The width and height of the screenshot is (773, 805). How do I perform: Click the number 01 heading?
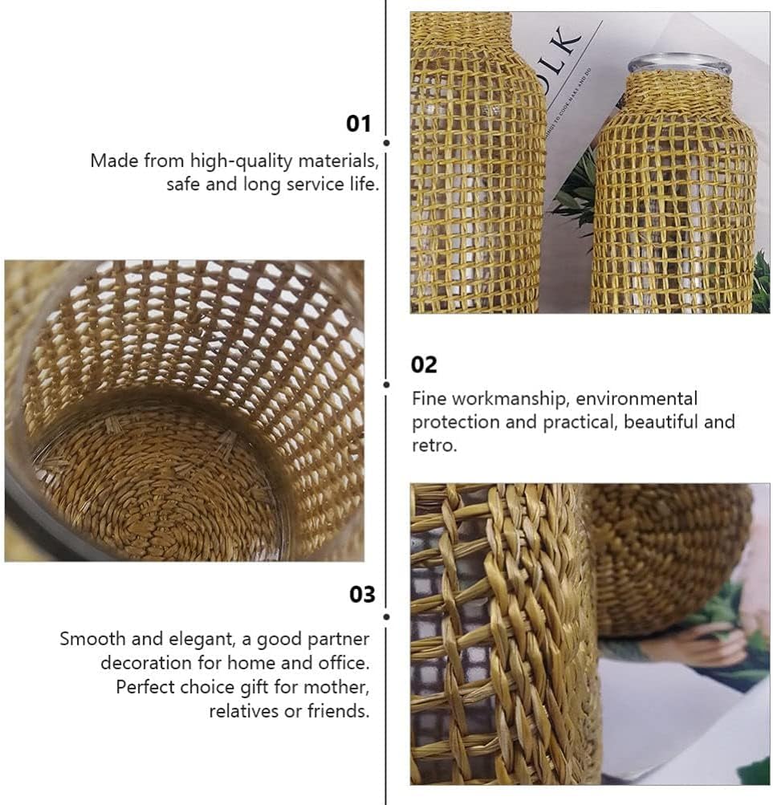click(359, 124)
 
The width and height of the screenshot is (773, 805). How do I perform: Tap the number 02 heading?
click(424, 365)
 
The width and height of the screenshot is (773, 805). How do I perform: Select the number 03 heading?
click(362, 595)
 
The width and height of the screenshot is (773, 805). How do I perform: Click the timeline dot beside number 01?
click(386, 142)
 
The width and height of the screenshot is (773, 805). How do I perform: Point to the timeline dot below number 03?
click(386, 616)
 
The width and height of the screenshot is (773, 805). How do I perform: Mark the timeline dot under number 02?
click(386, 384)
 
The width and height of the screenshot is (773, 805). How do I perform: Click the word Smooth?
click(92, 640)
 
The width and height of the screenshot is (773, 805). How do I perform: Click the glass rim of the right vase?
click(679, 63)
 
